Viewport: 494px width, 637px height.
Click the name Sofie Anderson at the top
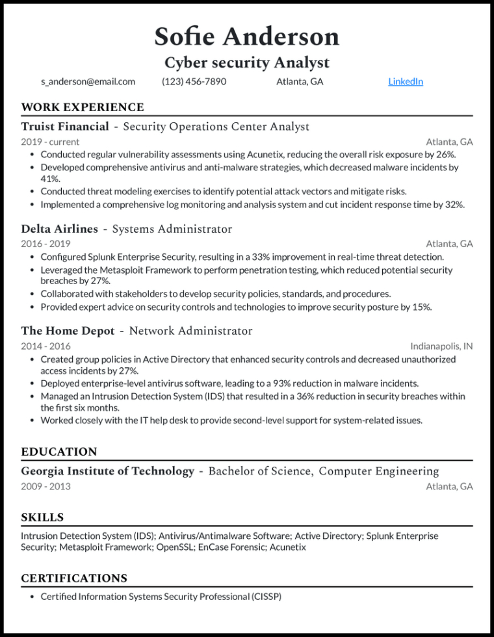point(247,36)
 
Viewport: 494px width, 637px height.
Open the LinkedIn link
point(406,81)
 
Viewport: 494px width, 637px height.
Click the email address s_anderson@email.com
point(88,81)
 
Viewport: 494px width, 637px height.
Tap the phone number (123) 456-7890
point(194,81)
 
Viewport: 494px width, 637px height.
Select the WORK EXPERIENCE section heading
point(83,107)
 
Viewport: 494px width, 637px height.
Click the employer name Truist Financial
point(65,126)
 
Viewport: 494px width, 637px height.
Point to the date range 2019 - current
point(50,142)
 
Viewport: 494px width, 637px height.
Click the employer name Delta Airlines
point(60,229)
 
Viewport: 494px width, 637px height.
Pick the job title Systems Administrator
point(172,229)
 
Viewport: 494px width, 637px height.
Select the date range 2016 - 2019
point(45,244)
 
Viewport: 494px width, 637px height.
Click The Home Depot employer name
point(68,331)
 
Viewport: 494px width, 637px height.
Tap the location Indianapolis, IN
point(441,346)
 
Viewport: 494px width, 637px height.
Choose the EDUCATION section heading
point(59,452)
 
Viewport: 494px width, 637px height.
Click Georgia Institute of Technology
point(107,471)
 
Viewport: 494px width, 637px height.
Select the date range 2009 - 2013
point(45,486)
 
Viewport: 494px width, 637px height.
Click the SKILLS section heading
point(42,517)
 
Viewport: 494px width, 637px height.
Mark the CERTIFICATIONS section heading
point(74,578)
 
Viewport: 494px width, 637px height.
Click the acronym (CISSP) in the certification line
point(266,596)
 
